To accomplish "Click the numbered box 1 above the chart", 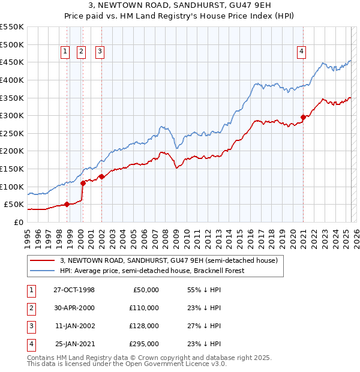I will [65, 52].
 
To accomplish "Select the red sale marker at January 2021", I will [303, 118].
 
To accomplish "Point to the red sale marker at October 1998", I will [67, 204].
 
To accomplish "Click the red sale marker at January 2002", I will [101, 176].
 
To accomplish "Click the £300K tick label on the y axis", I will [11, 115].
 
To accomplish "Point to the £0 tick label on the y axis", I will [19, 222].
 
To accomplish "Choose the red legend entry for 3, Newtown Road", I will [169, 261].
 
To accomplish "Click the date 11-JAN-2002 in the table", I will [74, 326].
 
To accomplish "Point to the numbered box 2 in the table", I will [29, 308].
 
